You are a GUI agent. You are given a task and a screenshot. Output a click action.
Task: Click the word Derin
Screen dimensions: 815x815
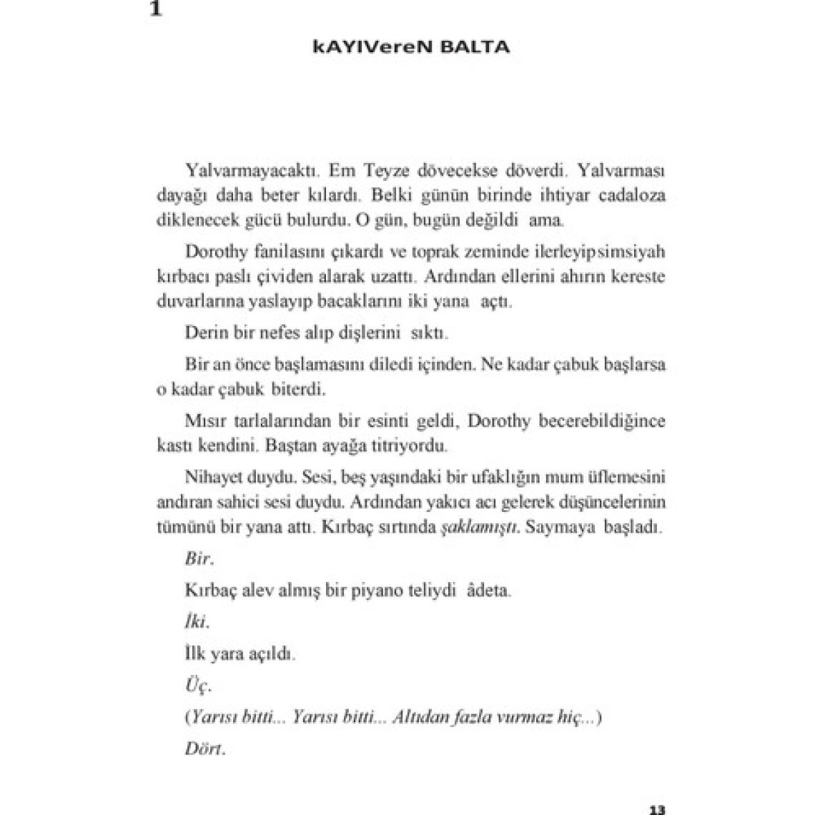pos(204,333)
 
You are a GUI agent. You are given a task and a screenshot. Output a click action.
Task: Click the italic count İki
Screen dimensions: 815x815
pos(195,623)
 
